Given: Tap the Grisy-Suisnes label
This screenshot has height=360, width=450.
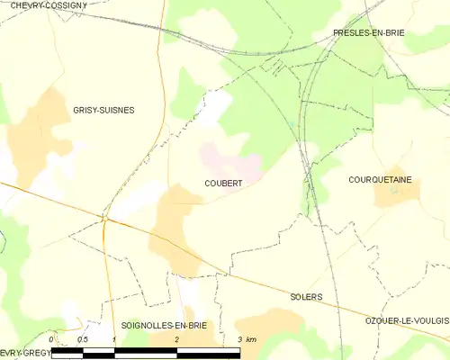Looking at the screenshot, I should [104, 110].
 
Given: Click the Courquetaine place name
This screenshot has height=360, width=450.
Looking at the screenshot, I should [380, 180].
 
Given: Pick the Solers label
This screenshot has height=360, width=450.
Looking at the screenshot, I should [306, 296].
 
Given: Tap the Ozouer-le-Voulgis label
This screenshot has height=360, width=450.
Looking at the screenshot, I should [407, 321].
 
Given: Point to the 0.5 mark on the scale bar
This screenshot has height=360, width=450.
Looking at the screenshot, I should [83, 338].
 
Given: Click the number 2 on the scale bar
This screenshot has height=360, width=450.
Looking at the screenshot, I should [177, 338].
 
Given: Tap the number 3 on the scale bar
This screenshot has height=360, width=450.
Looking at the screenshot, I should [239, 338].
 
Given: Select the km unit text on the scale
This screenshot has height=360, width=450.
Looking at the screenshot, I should [252, 338].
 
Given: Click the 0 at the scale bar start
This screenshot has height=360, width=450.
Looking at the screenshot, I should [51, 338].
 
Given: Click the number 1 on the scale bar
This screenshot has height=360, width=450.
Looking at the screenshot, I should [114, 338].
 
